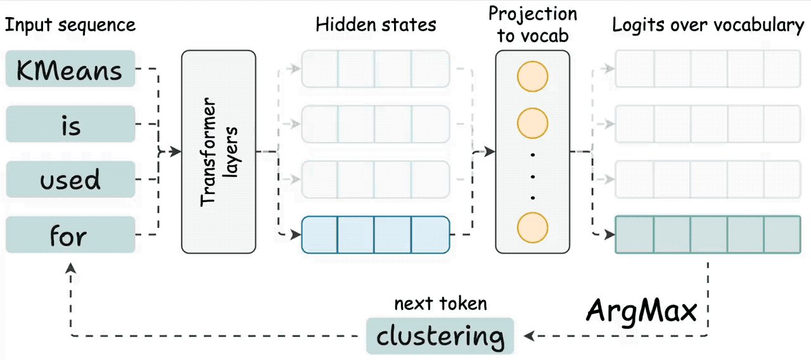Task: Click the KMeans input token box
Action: tap(70, 69)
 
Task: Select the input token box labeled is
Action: tap(70, 124)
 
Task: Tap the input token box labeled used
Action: tap(70, 179)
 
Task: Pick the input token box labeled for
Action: tap(70, 235)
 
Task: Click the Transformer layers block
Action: tap(219, 151)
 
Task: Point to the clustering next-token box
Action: tap(440, 336)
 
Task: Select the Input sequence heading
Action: tap(70, 25)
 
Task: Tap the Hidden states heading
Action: tap(376, 25)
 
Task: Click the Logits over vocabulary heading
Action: tap(708, 25)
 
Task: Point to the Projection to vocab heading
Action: tap(533, 25)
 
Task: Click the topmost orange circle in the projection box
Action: tap(533, 77)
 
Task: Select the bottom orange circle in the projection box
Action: tap(533, 228)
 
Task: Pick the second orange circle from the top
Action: tap(533, 123)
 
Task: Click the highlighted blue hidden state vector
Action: tap(376, 235)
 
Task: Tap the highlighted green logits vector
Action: tap(708, 235)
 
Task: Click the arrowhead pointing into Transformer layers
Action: tap(176, 151)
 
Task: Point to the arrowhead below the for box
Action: tap(70, 268)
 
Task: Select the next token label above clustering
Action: tap(440, 304)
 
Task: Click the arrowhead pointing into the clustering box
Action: tap(529, 336)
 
